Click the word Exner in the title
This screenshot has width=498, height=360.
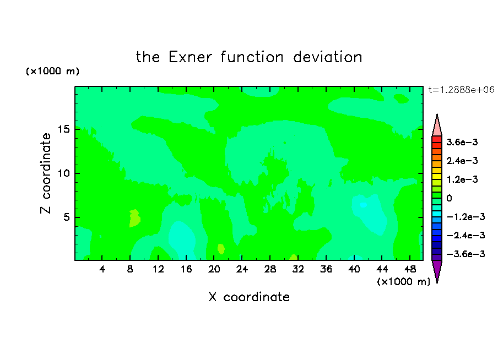pos(190,57)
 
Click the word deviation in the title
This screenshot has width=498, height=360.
pos(327,57)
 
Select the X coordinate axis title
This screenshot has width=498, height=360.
pos(249,297)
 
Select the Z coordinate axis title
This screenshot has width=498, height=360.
pos(45,173)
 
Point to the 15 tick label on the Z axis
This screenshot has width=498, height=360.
pos(64,129)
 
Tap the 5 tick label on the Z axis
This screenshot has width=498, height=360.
pos(67,217)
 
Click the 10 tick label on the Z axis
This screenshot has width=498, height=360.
pos(64,173)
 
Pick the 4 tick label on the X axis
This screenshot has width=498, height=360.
pos(102,269)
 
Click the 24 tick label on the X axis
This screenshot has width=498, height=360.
pos(242,269)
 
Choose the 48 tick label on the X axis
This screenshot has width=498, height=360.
pos(410,269)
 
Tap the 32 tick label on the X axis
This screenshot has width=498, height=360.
pos(297,269)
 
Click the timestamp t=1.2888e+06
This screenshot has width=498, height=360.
pos(461,90)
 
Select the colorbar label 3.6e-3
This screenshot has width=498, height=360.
pos(462,142)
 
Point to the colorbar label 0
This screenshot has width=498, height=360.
pos(449,198)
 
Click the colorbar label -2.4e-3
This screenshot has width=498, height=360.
pos(465,235)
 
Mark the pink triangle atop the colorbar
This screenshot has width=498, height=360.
pos(437,125)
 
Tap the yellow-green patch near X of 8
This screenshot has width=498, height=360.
pos(134,218)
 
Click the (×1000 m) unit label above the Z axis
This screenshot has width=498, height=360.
pos(52,71)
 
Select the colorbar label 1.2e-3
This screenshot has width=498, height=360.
pos(462,179)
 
